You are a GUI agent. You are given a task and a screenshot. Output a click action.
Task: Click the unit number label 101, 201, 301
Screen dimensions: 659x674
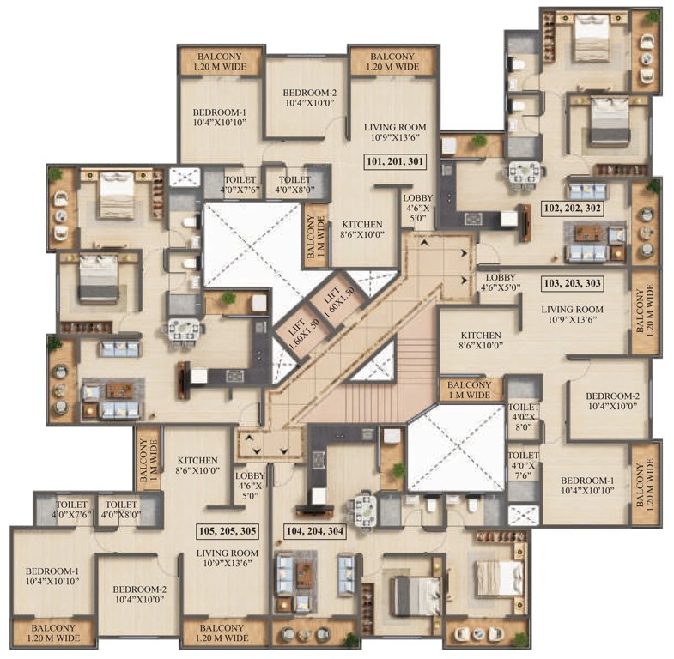(x=393, y=160)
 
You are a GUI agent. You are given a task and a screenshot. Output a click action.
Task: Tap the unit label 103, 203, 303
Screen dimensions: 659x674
(x=574, y=281)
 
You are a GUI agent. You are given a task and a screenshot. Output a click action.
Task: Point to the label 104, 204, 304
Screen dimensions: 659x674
(x=313, y=531)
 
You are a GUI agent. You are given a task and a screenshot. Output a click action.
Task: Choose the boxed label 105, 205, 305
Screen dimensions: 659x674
(x=227, y=531)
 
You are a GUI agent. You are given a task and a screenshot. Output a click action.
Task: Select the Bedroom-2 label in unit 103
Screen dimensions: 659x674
(x=613, y=401)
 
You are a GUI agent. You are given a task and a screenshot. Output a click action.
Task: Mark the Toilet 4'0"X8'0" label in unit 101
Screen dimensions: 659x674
(x=294, y=176)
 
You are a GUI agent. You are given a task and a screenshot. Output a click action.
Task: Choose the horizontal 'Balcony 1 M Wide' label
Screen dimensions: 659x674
(x=471, y=390)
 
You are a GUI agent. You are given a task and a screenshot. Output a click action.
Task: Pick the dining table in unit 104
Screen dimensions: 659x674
(x=361, y=510)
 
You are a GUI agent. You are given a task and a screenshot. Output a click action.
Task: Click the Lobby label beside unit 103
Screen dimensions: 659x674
(x=500, y=282)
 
